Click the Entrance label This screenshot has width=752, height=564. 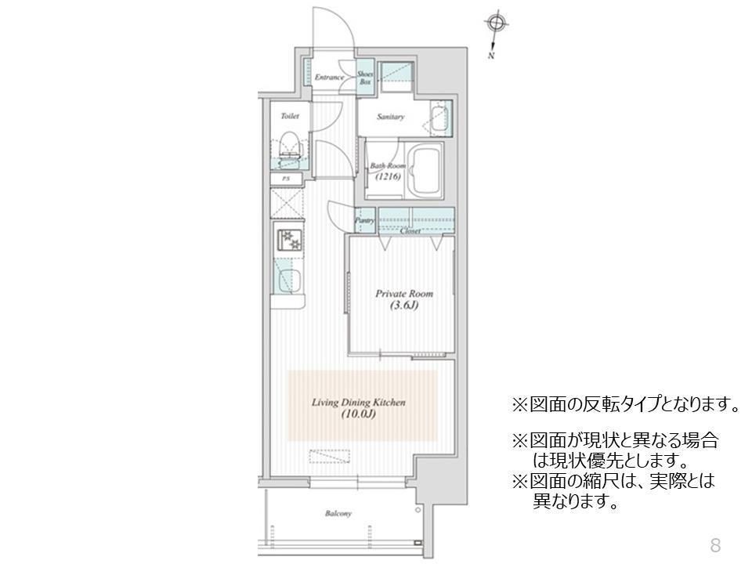coord(330,78)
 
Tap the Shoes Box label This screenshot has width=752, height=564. coord(365,77)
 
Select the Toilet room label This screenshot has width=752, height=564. coord(289,116)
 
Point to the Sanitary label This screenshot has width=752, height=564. coord(390,117)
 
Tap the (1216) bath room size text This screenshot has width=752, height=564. coord(387,177)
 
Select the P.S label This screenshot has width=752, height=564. coord(286,179)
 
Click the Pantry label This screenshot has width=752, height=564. coord(364,221)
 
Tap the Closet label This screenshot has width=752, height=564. coord(410,231)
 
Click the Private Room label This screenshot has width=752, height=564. coord(403,294)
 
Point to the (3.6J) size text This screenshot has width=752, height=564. coord(403,305)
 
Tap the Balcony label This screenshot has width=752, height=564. coord(338,514)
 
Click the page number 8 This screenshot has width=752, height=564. coord(714,544)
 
